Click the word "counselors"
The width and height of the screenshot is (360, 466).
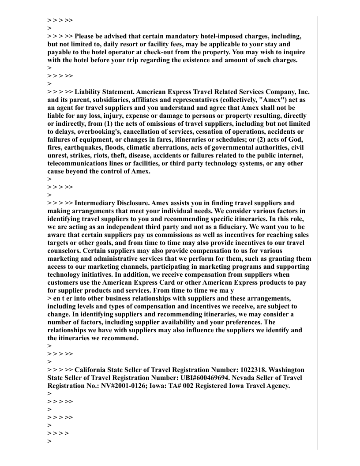[x=64, y=251]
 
